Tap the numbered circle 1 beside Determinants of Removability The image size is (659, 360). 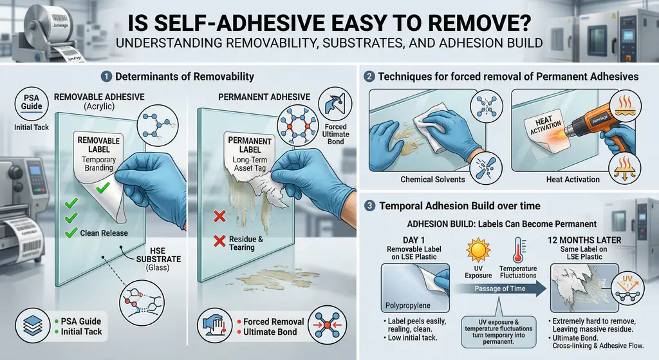tap(106, 77)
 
